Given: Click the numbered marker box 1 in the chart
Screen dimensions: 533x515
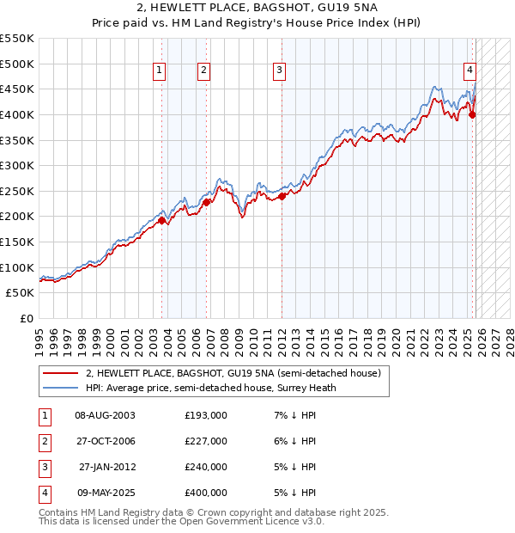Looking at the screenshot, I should [161, 71].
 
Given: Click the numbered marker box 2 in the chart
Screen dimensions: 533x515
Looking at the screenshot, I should [203, 71].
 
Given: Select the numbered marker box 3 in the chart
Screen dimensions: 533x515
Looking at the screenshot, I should [280, 71].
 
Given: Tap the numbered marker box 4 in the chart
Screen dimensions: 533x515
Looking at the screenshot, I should [470, 71].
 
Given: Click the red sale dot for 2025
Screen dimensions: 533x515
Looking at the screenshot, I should [472, 114].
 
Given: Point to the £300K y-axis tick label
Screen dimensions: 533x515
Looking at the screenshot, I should [16, 165].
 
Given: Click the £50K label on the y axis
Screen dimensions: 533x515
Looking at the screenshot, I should [20, 293].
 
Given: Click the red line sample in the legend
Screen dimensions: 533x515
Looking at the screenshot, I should [61, 373].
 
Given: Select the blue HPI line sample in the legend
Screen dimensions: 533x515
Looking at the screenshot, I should [61, 388].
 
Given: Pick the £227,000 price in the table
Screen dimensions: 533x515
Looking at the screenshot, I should [206, 441].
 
